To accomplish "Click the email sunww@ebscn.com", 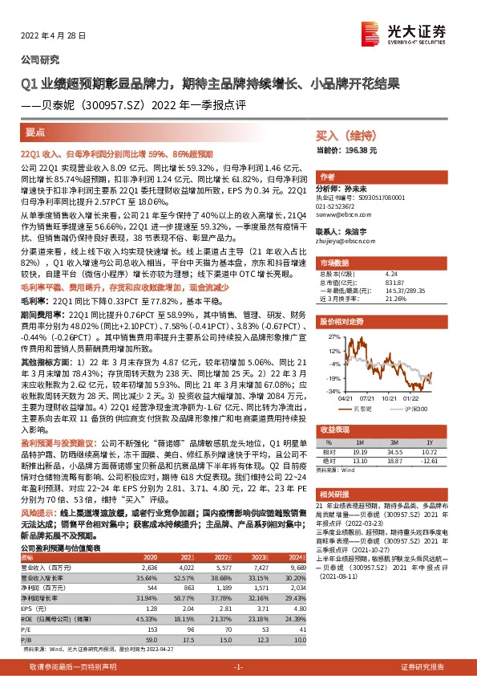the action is click(343, 217).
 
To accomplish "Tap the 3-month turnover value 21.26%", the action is click(395, 298).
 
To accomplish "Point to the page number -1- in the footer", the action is click(238, 667).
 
